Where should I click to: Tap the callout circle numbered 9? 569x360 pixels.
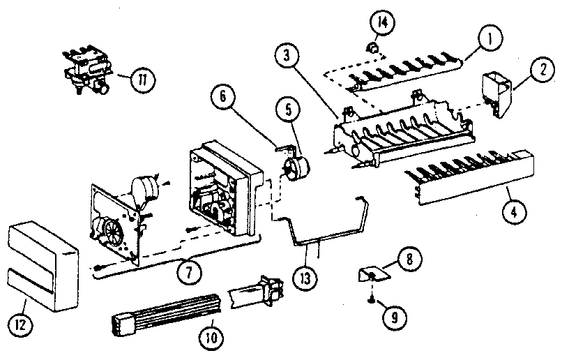click(x=394, y=317)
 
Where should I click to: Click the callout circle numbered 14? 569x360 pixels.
click(x=381, y=24)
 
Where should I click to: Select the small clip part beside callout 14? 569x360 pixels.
click(x=373, y=47)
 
